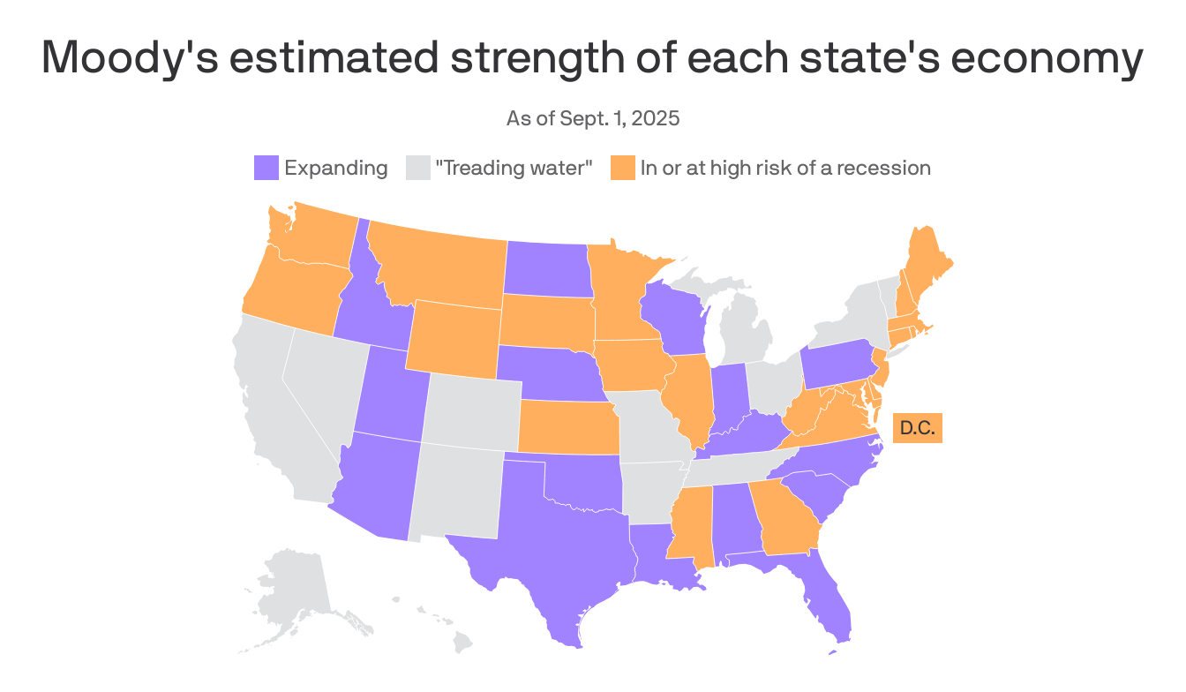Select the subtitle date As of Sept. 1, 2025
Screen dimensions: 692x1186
[x=593, y=118]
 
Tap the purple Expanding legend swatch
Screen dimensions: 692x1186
[x=266, y=168]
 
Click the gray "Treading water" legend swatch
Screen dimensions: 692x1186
[x=417, y=168]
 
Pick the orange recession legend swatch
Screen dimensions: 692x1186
[x=622, y=168]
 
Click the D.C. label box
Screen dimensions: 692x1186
[x=918, y=429]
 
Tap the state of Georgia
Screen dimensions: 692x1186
[x=785, y=521]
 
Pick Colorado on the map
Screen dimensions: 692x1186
[x=473, y=410]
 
